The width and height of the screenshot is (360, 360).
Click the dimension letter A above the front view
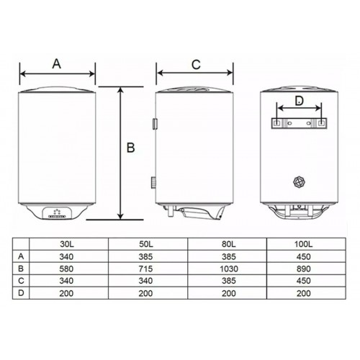pyautogui.click(x=57, y=63)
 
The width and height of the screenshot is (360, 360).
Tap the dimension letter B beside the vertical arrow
pyautogui.click(x=131, y=148)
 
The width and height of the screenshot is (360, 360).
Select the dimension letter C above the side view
pyautogui.click(x=196, y=64)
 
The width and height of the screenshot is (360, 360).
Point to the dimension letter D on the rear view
pyautogui.click(x=299, y=101)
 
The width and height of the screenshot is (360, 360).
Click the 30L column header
pyautogui.click(x=66, y=244)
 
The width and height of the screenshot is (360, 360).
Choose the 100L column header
pyautogui.click(x=304, y=244)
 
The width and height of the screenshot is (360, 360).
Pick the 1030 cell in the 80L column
pyautogui.click(x=229, y=269)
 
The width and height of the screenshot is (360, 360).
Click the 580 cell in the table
pyautogui.click(x=66, y=269)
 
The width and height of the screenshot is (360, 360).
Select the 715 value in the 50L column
pyautogui.click(x=145, y=269)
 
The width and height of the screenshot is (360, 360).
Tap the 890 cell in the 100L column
pyautogui.click(x=304, y=269)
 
